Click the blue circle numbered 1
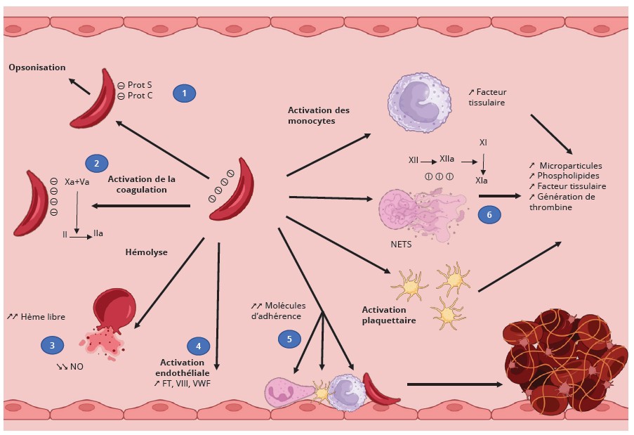click(184, 93)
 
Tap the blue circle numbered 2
click(96, 164)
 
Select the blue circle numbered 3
click(52, 344)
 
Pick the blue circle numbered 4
click(199, 345)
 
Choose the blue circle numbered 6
click(490, 215)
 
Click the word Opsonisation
click(37, 67)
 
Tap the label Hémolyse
click(147, 252)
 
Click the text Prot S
click(140, 84)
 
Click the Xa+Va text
click(77, 181)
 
